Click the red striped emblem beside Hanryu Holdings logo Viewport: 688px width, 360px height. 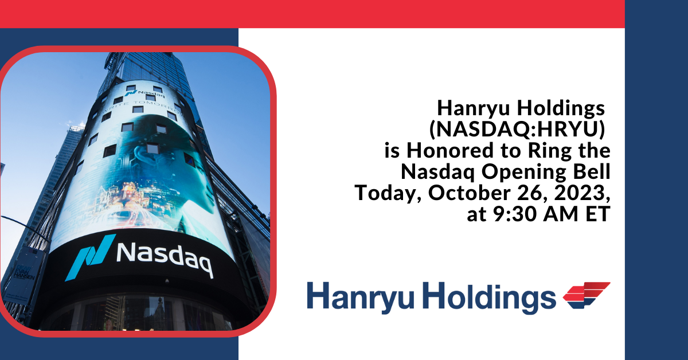pyautogui.click(x=586, y=296)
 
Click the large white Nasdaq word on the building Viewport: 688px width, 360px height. pyautogui.click(x=164, y=259)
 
